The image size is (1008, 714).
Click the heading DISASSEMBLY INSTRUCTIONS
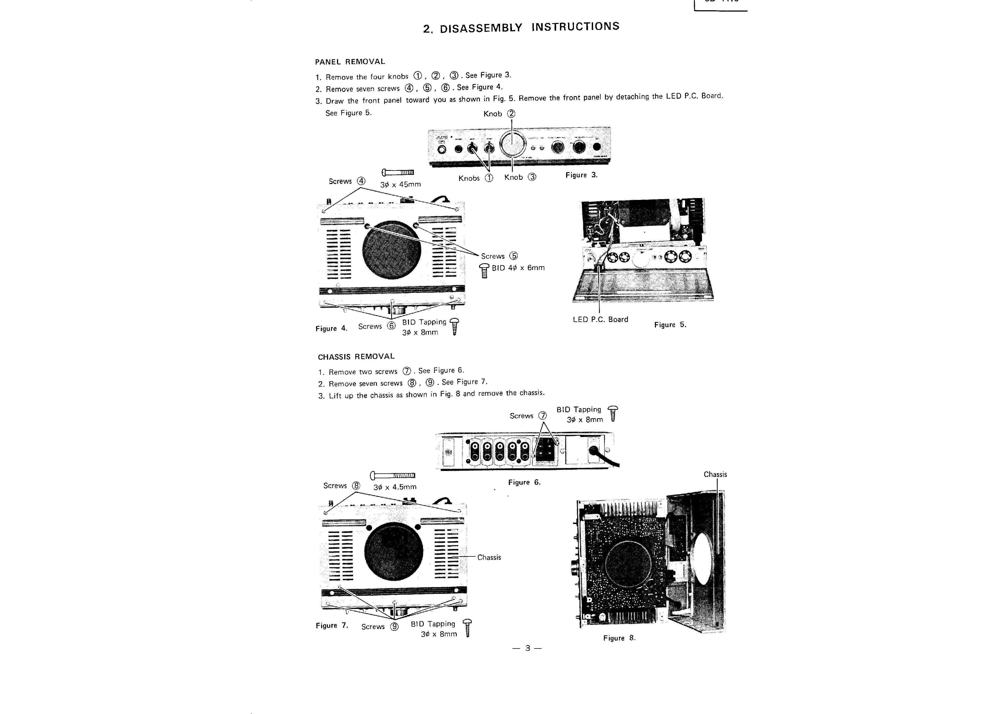[x=521, y=27]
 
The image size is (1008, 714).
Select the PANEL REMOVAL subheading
[x=350, y=61]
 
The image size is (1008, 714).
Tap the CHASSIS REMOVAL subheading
[x=356, y=356]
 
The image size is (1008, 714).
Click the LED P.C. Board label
[x=600, y=320]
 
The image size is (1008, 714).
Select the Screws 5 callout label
[x=499, y=256]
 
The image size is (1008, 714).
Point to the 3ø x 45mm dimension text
[x=400, y=185]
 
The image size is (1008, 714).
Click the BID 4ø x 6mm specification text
[x=518, y=268]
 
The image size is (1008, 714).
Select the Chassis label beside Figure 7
[x=489, y=557]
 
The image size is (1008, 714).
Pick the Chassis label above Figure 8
[x=715, y=474]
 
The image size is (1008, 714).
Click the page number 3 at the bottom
[x=527, y=648]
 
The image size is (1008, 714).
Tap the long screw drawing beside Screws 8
[x=393, y=475]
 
